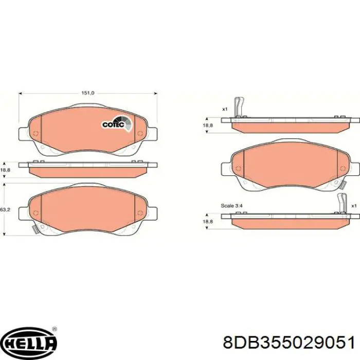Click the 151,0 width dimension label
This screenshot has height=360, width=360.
click(x=88, y=93)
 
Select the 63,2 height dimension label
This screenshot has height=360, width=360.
click(x=5, y=210)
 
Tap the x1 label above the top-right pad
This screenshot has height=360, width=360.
click(x=225, y=109)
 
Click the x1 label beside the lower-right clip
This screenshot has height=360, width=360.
click(x=354, y=206)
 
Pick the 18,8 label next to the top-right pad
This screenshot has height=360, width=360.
click(x=207, y=125)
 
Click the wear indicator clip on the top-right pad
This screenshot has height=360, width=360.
click(x=238, y=107)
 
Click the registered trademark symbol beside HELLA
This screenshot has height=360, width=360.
click(x=55, y=329)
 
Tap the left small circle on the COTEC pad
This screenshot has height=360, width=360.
click(x=35, y=135)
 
